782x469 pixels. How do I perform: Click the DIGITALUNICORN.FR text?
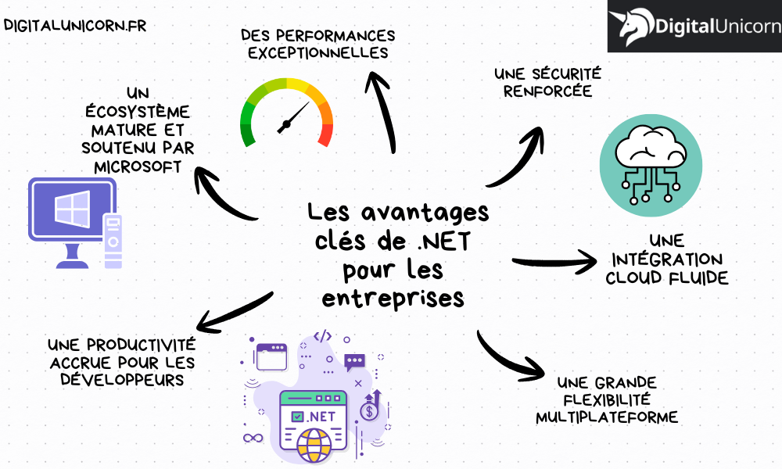pos(75,25)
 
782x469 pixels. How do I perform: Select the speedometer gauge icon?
pos(286,113)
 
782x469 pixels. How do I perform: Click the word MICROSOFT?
pos(138,166)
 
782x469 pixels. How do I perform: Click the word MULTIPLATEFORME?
pos(607,417)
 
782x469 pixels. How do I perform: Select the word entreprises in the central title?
pos(393,298)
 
